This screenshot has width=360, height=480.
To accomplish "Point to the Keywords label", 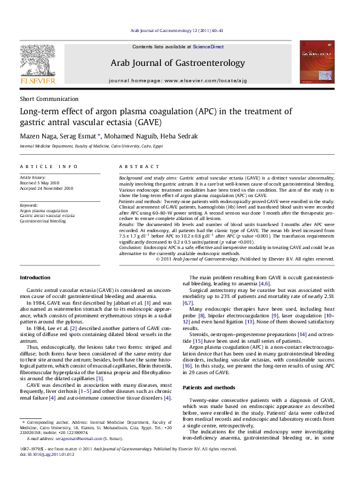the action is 31,205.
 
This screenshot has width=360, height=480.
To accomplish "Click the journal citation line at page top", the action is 179,31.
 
